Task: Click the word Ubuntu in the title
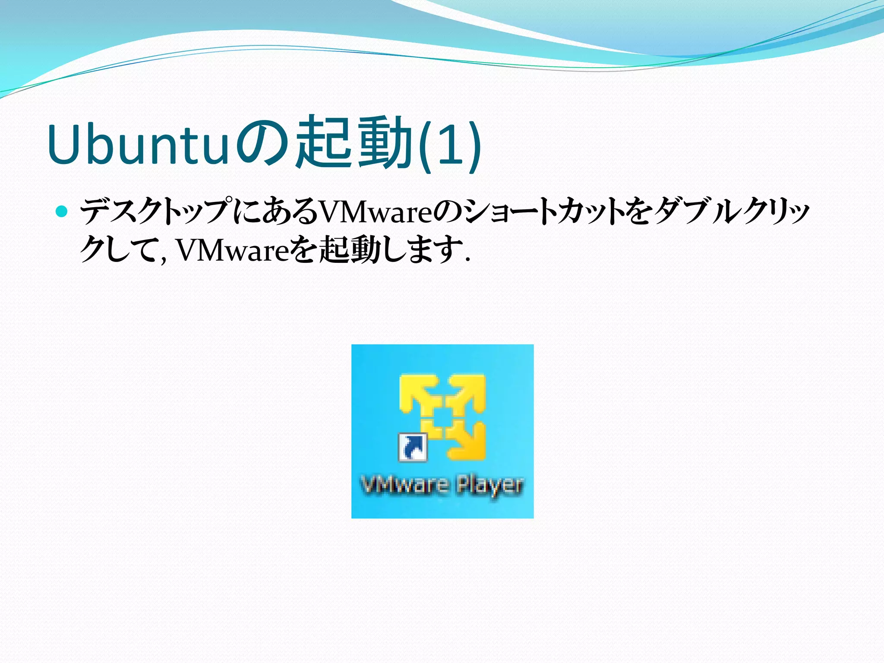[137, 145]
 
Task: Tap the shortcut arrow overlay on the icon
[413, 447]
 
